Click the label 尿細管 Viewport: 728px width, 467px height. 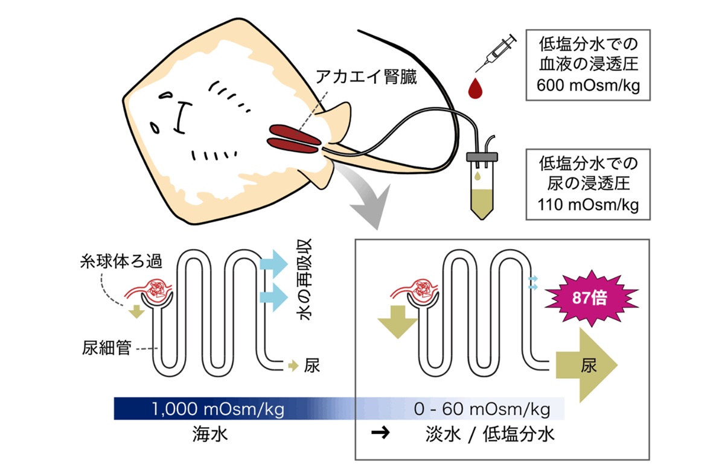106,348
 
